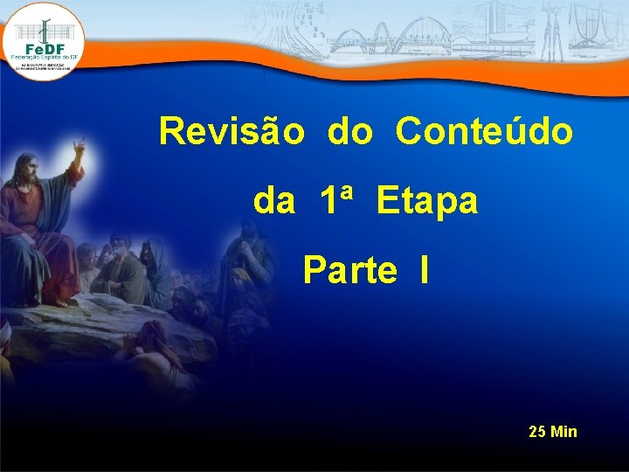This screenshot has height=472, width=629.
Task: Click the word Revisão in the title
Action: click(x=232, y=132)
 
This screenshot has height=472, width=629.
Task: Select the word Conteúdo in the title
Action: click(x=484, y=132)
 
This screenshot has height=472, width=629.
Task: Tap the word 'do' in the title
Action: click(x=350, y=133)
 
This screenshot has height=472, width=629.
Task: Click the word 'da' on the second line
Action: click(x=273, y=202)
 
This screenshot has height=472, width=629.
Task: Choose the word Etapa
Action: click(x=427, y=202)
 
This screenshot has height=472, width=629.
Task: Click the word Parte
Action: click(x=349, y=271)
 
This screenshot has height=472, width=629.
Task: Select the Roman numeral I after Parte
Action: click(x=423, y=271)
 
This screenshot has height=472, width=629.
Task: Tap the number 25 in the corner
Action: click(x=538, y=432)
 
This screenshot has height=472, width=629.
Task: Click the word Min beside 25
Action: click(x=564, y=432)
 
